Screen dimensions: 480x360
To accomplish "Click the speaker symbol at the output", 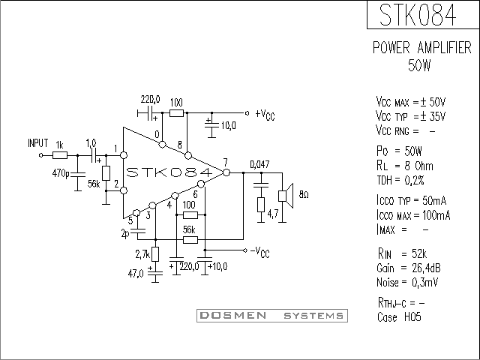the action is (286, 196).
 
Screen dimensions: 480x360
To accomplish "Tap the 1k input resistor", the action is (60, 155).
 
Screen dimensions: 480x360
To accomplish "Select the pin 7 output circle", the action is (226, 172).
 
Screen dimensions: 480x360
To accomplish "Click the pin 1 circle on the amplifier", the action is (124, 155).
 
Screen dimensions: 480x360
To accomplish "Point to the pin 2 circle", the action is (124, 190).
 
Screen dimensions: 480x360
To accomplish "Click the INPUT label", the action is (38, 143).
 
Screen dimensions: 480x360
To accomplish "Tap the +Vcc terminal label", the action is (265, 115).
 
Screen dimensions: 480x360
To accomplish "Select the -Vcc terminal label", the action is (260, 252).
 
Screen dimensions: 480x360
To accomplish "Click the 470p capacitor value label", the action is (61, 173).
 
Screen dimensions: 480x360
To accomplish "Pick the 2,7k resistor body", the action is (155, 254).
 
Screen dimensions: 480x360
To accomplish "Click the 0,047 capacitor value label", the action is (260, 164).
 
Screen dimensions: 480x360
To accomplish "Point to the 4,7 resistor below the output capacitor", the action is (261, 205).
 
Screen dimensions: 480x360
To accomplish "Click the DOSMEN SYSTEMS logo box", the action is (272, 316).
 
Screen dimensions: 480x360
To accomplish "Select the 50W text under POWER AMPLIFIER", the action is (419, 65).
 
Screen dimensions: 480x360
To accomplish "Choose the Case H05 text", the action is (399, 316).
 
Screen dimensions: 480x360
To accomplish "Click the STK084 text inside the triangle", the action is (169, 172).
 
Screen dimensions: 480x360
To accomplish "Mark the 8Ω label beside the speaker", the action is (303, 195).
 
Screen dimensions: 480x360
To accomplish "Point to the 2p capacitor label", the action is (125, 234).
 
